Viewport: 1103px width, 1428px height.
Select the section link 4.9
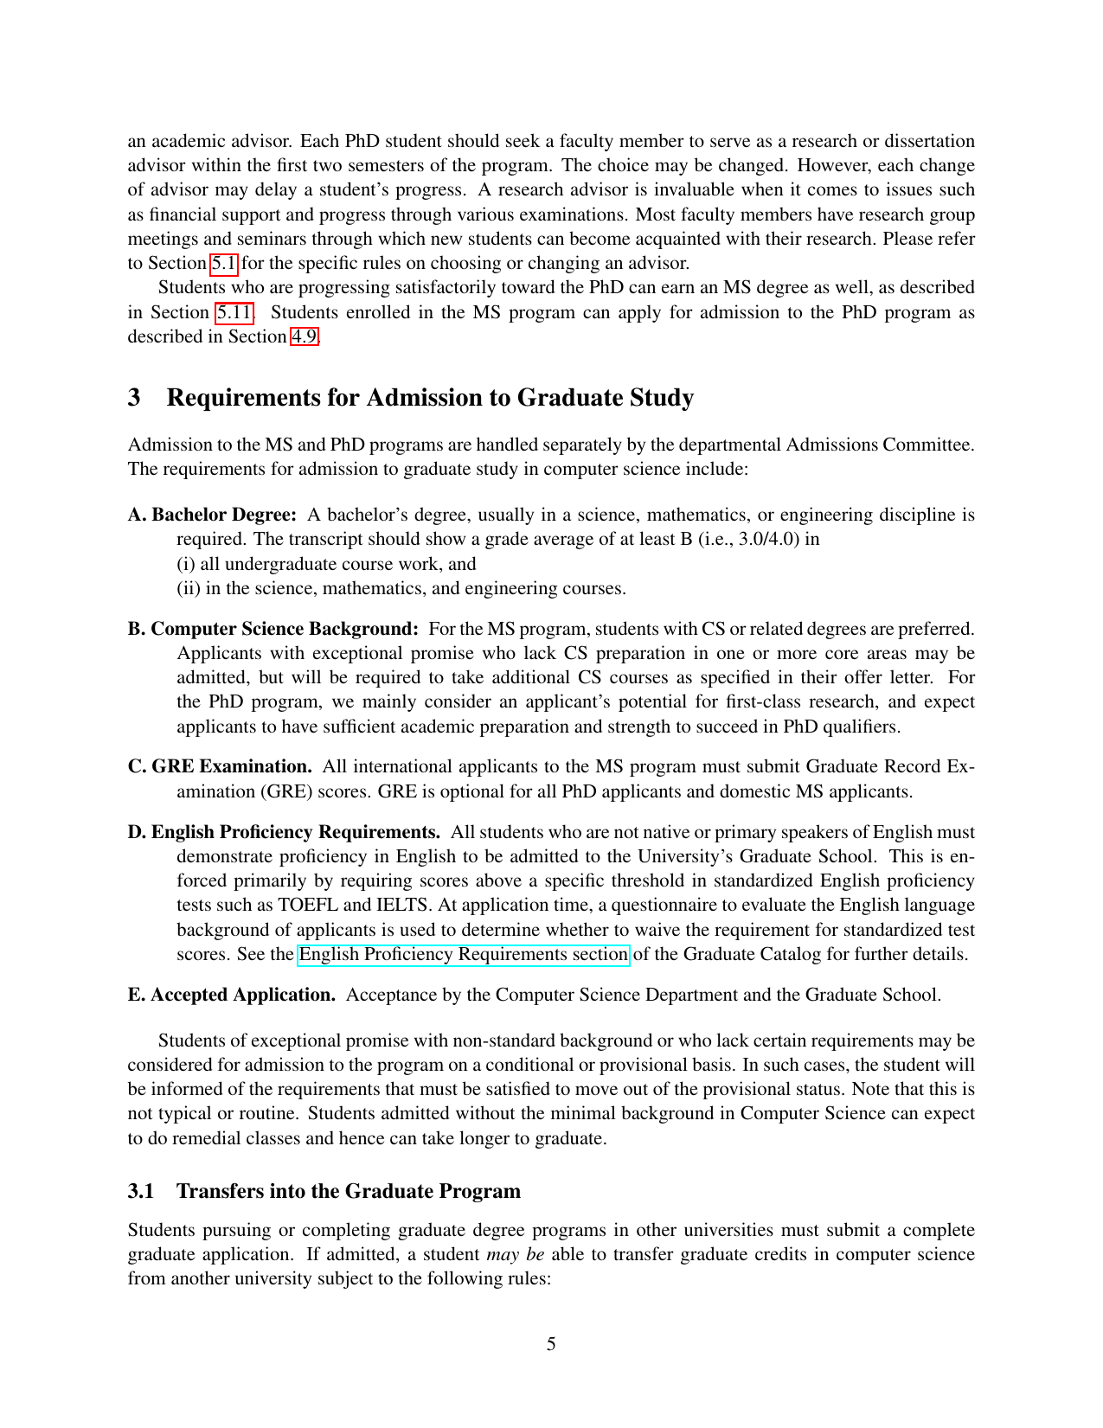click(304, 336)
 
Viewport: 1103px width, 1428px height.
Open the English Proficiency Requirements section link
click(464, 955)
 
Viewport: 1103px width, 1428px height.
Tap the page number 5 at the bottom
click(551, 1344)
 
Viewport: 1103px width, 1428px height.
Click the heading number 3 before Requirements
click(134, 398)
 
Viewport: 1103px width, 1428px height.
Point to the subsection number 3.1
click(141, 1192)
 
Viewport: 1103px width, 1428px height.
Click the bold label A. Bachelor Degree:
click(212, 515)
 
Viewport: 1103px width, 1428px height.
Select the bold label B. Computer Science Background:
click(273, 629)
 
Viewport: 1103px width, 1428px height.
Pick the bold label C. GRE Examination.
click(220, 767)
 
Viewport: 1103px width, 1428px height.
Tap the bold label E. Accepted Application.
click(231, 996)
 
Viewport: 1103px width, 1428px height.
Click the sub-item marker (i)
click(186, 565)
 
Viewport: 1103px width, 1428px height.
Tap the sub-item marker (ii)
click(189, 589)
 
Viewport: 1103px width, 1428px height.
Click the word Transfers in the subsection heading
click(221, 1192)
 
